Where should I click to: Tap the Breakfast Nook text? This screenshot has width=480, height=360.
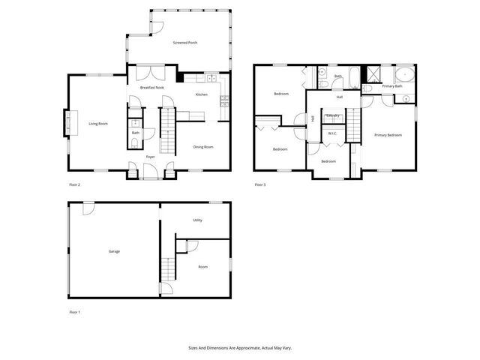tap(152, 88)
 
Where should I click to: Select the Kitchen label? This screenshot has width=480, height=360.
tap(202, 94)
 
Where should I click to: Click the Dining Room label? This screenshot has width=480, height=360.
tap(203, 147)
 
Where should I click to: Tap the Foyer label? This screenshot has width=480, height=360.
tap(150, 157)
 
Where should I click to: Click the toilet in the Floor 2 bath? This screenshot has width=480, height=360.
tap(134, 142)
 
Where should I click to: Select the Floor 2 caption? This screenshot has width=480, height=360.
tap(74, 184)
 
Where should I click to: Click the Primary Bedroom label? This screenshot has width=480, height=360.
tap(388, 135)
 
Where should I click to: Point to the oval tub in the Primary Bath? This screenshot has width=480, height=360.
tap(403, 75)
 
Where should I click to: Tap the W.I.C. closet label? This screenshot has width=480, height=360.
tap(333, 133)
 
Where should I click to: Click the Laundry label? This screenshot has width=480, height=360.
tap(334, 115)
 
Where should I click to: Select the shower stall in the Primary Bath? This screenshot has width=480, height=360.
tap(371, 74)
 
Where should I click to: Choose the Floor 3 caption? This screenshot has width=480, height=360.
tap(260, 184)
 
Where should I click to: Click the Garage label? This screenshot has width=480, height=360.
tap(114, 251)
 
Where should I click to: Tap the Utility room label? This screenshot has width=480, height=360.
tap(197, 220)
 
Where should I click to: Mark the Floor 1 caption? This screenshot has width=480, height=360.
tap(74, 311)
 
